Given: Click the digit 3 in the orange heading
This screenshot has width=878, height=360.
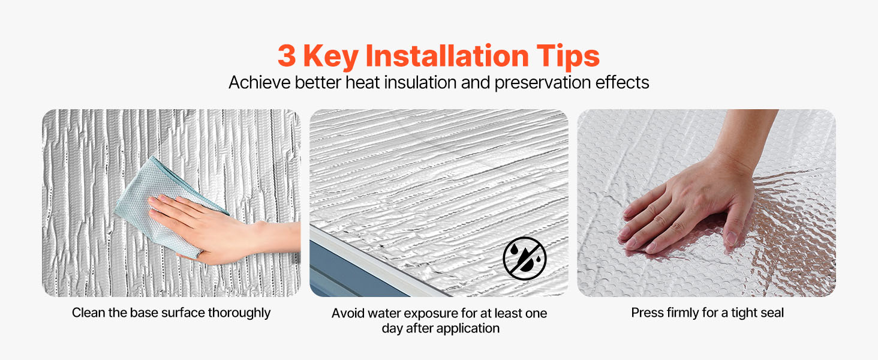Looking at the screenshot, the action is point(287,56).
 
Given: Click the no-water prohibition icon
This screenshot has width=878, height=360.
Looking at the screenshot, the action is point(524,258).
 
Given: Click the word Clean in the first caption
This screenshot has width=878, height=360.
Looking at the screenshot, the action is point(89,313).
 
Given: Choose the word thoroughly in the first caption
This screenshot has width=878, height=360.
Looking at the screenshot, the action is point(239,313).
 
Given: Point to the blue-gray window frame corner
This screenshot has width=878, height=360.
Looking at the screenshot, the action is point(345,271).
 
